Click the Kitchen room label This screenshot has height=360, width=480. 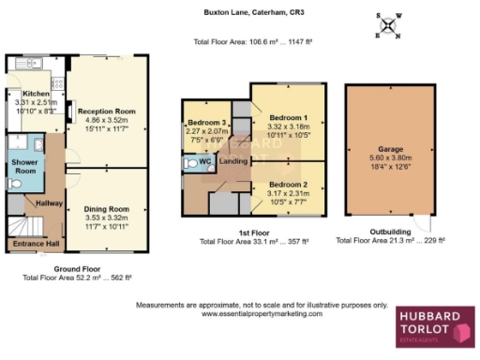(35, 95)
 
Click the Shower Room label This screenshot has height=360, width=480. (24, 165)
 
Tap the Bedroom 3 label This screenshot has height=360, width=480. (207, 124)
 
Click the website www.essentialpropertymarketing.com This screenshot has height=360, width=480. (262, 314)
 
